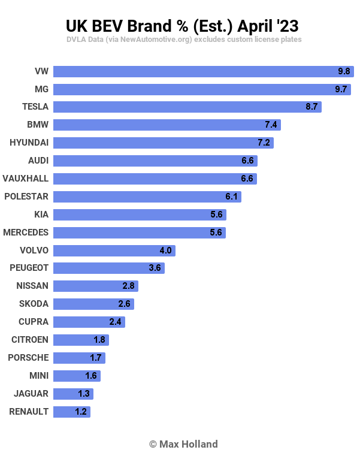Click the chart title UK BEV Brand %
coord(181,26)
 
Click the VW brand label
coord(41,71)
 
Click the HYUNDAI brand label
coord(29,143)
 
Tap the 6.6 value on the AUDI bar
coord(247,161)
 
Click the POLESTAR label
coord(26,197)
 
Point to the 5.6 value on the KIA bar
coord(216,215)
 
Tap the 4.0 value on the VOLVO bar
coord(165,250)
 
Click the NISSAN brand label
coord(33,286)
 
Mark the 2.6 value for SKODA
coord(124,304)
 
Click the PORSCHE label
coord(28,358)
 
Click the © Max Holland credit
coord(183,444)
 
